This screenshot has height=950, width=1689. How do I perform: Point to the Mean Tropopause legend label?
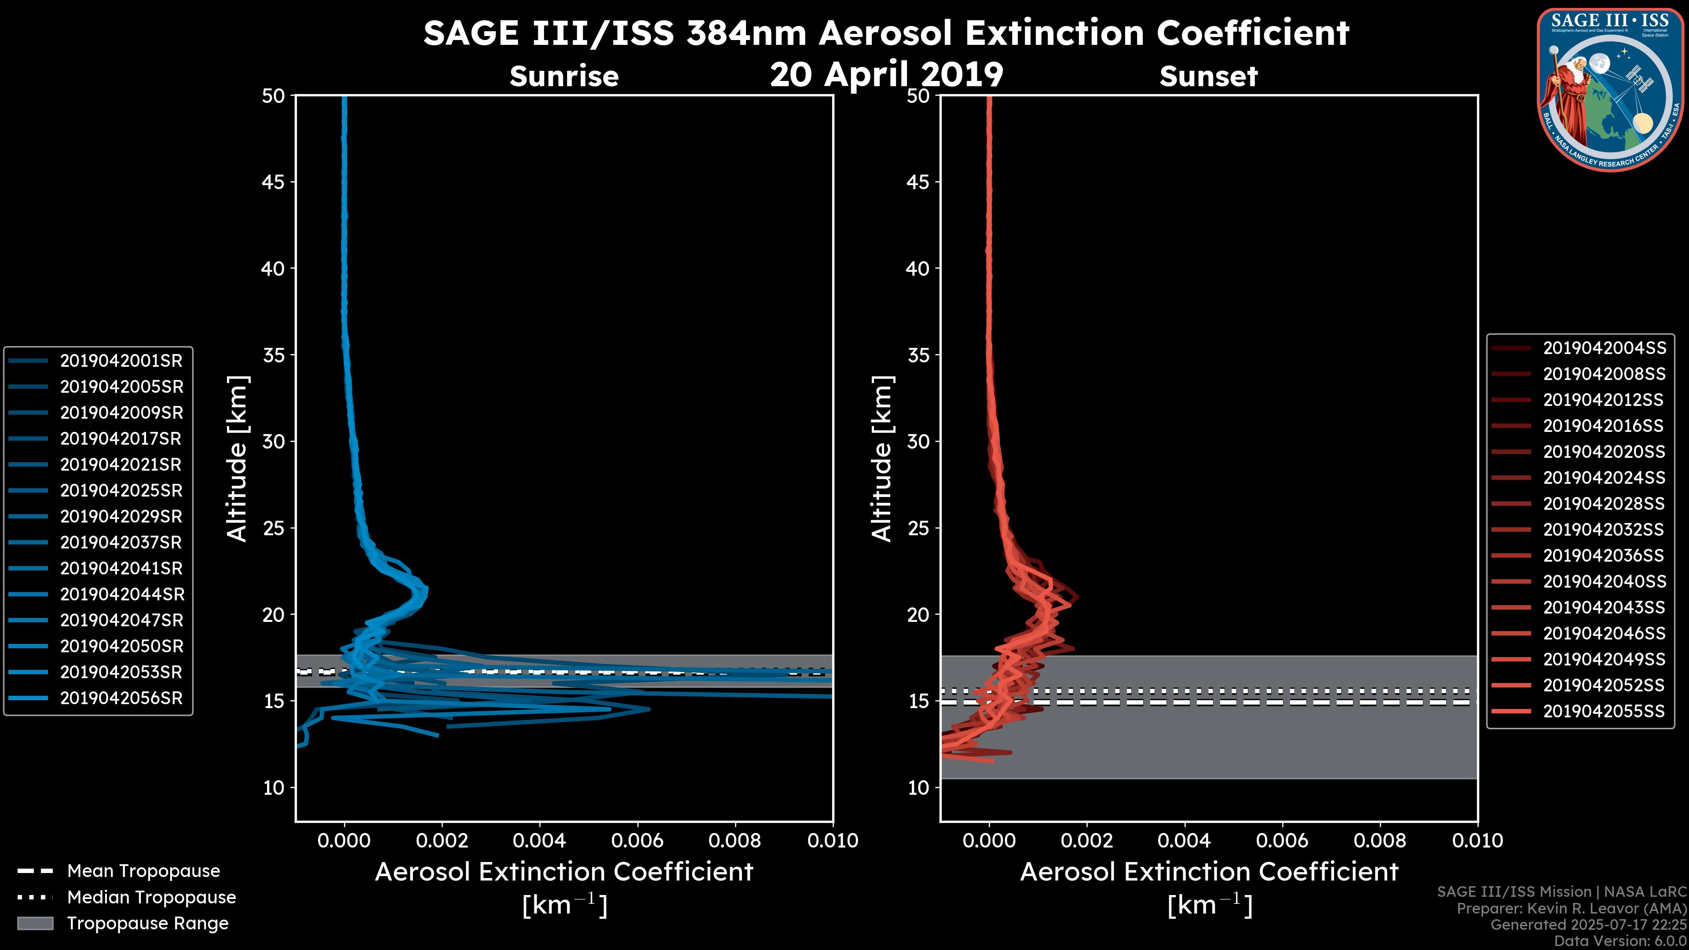143,871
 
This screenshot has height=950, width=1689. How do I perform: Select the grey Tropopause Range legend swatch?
35,923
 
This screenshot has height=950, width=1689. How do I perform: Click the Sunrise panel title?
564,77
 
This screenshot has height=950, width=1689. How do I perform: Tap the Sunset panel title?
1208,77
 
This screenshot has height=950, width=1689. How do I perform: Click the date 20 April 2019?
886,74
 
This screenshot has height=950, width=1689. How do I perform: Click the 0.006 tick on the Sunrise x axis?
636,840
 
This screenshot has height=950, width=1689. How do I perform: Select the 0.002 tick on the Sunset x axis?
1086,840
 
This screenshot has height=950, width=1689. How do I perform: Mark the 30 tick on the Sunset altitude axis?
918,441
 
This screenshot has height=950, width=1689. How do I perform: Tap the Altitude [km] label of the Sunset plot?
882,459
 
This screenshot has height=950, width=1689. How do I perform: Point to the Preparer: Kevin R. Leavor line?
1571,908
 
